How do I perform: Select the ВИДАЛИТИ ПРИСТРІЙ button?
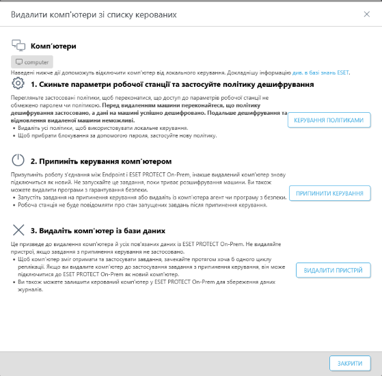333,271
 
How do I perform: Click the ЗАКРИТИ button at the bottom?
350,363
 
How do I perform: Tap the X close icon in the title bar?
367,14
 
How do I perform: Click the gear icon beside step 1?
19,83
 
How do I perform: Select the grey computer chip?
32,62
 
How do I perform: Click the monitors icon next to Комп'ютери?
19,46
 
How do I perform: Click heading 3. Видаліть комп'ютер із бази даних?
98,230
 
